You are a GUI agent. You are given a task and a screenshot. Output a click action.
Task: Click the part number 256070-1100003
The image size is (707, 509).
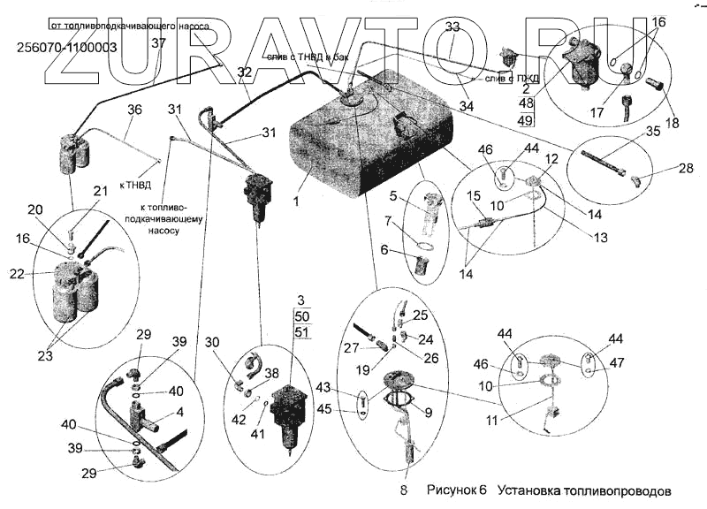(67, 48)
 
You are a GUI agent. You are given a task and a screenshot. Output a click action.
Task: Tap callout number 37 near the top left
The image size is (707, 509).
(158, 42)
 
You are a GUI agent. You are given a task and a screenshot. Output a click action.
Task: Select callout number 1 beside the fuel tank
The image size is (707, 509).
(298, 201)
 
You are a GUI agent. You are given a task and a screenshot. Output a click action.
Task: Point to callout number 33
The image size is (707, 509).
(452, 27)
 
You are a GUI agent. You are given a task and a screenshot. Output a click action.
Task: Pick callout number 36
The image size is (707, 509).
(134, 110)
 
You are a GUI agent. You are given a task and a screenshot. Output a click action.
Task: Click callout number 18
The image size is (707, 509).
(673, 124)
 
